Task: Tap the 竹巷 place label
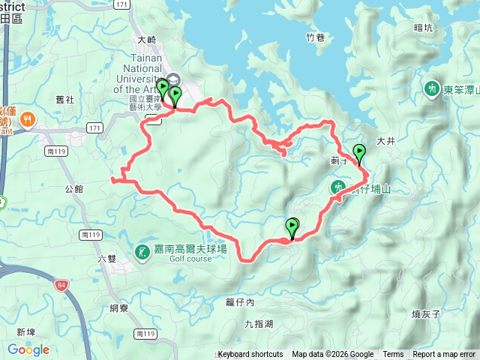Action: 316,37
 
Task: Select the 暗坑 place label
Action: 423,28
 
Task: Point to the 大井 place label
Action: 385,140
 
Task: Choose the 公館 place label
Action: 73,189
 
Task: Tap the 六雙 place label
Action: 108,259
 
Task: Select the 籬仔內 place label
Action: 240,303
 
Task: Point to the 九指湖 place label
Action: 258,324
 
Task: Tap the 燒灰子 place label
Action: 426,313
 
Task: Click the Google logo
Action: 28,349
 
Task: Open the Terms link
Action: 393,355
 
